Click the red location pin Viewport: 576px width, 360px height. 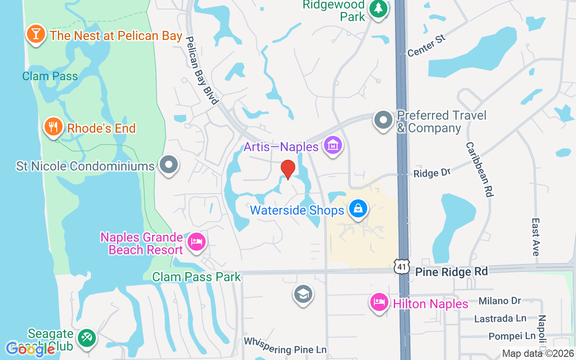tap(288, 169)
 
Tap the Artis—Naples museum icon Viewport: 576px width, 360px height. tap(333, 145)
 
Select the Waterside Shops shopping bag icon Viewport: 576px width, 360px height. tap(358, 209)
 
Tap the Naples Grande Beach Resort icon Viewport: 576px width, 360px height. tap(196, 242)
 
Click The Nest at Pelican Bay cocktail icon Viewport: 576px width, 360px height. tap(36, 33)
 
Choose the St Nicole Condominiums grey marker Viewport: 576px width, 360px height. tap(169, 165)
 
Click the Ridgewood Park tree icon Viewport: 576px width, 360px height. tap(378, 9)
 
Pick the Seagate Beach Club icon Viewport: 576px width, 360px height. tap(85, 338)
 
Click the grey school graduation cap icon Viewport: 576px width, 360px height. tap(303, 294)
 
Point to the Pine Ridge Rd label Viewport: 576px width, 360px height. tap(451, 272)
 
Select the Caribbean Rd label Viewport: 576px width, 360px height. tap(480, 169)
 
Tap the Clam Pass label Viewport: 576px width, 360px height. tap(50, 76)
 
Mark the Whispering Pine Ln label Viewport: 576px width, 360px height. tap(285, 345)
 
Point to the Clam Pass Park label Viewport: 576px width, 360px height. tap(197, 276)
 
